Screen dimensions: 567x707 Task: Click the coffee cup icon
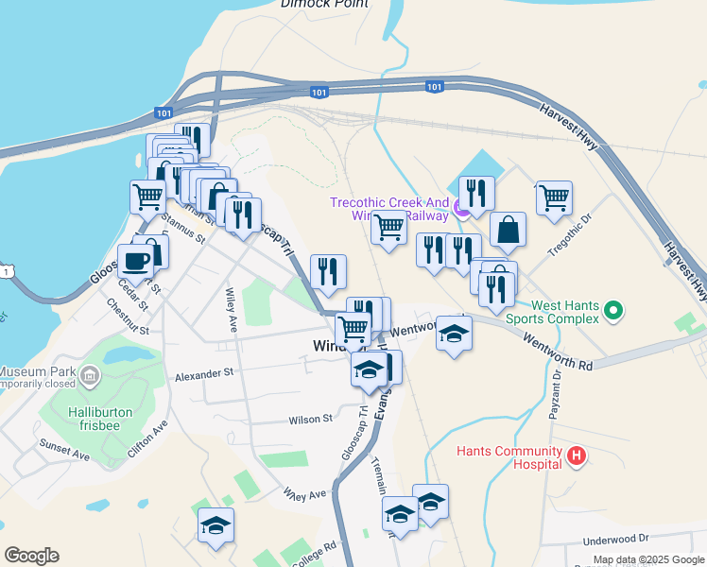tap(134, 261)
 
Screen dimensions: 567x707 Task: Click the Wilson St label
tap(311, 419)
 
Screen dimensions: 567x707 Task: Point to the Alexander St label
tap(203, 374)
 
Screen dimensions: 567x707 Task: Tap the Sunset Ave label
tap(64, 449)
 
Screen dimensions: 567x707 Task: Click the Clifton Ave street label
tap(147, 439)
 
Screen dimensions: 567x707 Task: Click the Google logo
tap(31, 556)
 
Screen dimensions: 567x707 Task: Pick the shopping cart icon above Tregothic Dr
tap(553, 197)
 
